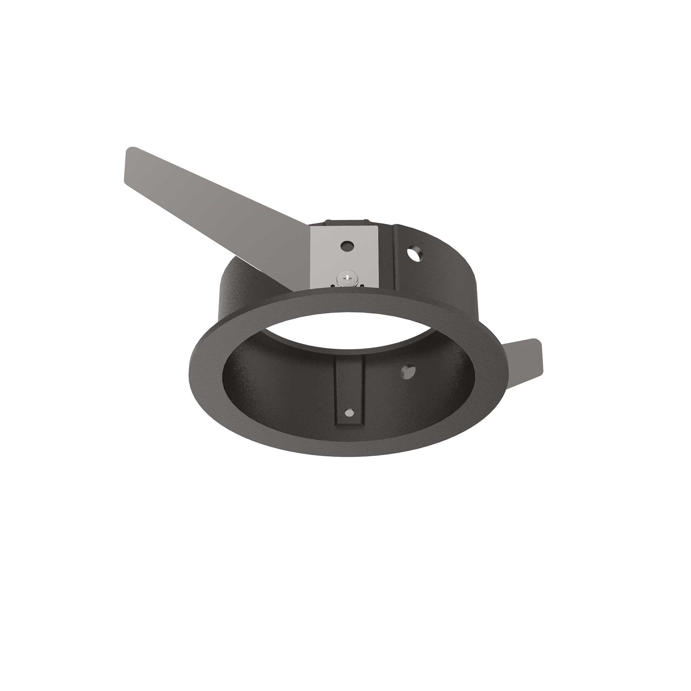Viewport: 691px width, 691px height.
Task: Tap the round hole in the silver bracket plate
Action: click(347, 246)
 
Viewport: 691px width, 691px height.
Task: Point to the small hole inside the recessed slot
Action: click(349, 413)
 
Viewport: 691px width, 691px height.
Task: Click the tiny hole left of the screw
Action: click(333, 285)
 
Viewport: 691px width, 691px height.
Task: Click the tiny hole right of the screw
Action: click(362, 286)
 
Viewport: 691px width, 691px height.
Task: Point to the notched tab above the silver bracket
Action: click(345, 222)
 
